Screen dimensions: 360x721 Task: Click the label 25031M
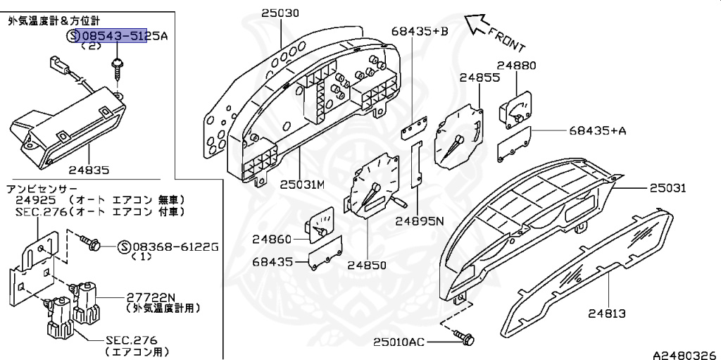click(x=302, y=185)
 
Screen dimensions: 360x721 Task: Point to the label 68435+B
click(x=420, y=30)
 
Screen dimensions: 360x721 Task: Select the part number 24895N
click(x=419, y=221)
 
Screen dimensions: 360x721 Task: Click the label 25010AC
click(x=399, y=342)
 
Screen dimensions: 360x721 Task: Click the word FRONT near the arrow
click(x=507, y=38)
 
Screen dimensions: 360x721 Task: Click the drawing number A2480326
click(x=684, y=354)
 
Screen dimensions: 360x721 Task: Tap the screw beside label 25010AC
click(x=465, y=340)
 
